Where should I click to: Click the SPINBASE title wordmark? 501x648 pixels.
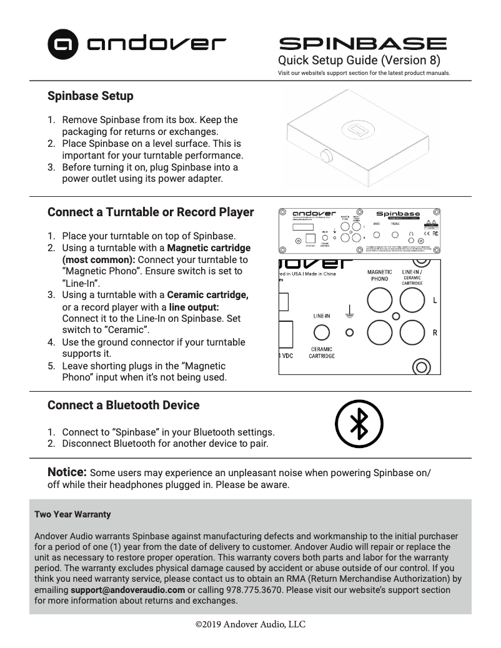362,44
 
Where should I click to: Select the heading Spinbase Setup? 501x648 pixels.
91,96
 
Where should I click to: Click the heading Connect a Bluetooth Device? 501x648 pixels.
124,405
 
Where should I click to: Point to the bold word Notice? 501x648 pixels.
67,471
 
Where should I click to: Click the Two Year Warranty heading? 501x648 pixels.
72,514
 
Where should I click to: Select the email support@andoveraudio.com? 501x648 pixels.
127,589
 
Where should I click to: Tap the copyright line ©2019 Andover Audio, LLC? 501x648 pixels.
250,624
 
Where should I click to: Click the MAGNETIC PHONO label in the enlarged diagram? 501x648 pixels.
379,276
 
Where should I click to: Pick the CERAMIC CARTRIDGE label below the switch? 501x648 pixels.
322,352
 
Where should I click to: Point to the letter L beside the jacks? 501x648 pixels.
435,301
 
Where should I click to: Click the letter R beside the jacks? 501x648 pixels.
435,332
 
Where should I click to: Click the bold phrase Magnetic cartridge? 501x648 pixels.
209,248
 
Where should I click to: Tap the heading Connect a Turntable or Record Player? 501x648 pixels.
151,212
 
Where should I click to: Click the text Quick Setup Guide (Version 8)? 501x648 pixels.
359,61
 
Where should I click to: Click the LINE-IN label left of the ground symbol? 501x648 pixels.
322,316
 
